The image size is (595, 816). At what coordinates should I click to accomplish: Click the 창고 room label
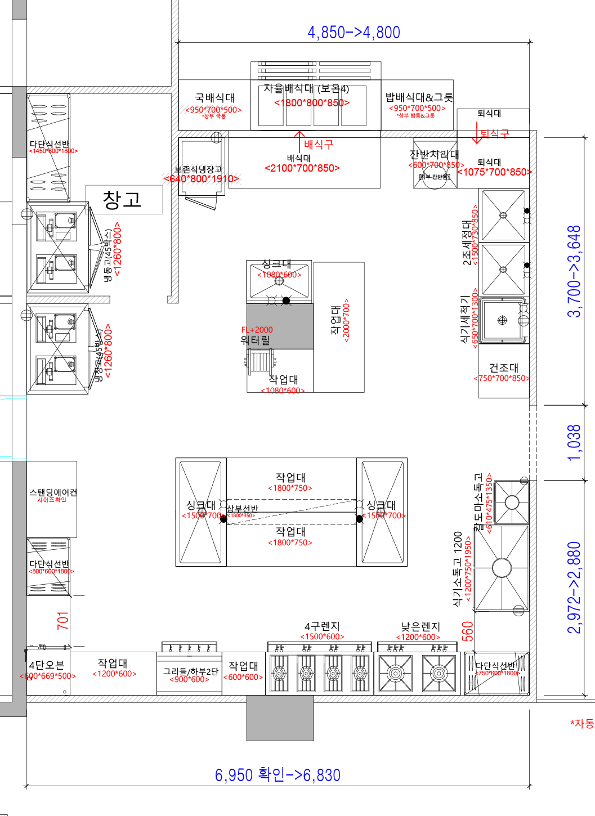point(122,200)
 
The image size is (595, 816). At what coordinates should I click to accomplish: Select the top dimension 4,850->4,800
point(354,33)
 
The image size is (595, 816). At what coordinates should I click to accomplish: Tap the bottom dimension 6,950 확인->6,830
point(278,775)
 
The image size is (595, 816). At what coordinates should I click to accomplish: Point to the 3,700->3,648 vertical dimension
point(574,271)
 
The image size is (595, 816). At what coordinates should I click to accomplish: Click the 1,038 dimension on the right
point(574,443)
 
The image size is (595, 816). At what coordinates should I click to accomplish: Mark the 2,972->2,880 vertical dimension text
point(574,588)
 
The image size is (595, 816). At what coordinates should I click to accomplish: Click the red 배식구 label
point(319,145)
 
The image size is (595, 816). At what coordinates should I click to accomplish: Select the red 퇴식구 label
point(494,133)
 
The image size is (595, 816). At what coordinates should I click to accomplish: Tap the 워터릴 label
point(255,340)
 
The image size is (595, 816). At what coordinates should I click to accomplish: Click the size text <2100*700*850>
point(302,168)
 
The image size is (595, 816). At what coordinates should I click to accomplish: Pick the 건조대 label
point(503,367)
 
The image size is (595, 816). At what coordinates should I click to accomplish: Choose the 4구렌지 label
point(322,626)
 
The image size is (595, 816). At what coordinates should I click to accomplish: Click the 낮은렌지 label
point(420,627)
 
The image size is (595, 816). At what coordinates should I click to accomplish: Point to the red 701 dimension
point(62,620)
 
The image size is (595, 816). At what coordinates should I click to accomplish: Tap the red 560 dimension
point(467,631)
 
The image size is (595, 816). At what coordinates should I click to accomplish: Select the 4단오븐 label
point(47,665)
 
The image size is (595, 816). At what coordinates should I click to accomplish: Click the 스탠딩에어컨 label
point(53,492)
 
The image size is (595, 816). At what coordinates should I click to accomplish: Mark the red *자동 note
point(581,723)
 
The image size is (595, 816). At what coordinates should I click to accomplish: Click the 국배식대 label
point(214,98)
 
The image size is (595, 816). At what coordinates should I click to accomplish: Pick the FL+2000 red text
point(257,330)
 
